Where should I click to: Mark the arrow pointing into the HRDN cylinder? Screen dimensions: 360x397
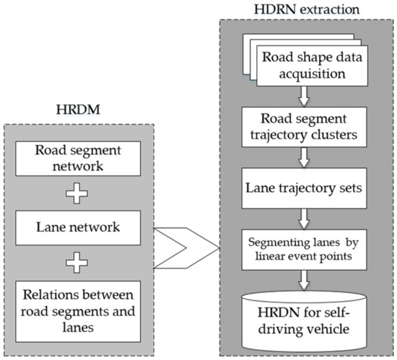click(306, 272)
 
